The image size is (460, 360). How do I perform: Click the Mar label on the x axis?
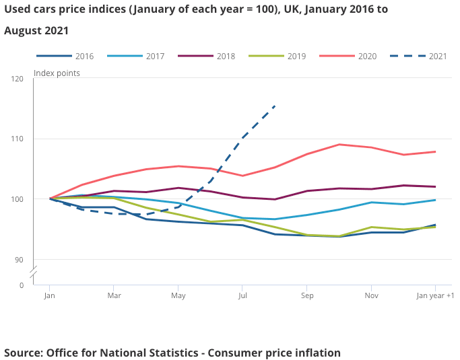coord(114,295)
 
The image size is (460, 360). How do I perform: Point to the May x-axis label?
coord(178,295)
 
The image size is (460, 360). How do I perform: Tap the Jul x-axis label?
coord(243,295)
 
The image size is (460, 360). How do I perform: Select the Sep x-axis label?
coord(307,295)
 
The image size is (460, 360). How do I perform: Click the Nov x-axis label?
coord(372,295)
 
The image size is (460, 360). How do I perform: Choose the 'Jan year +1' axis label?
coord(436,295)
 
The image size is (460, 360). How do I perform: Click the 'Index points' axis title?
coord(57,73)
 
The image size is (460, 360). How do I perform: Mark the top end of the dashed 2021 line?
coord(275,106)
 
